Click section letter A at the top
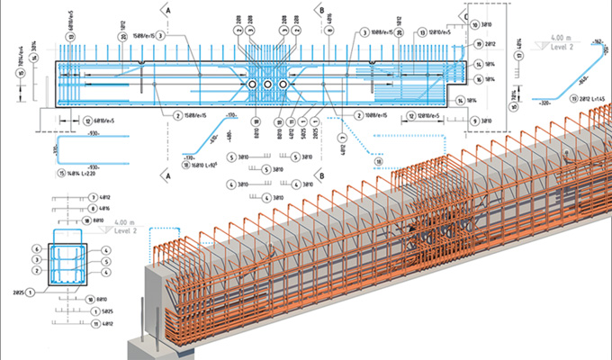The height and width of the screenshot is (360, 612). pos(167,10)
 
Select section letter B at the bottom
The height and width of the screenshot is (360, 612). pos(320,177)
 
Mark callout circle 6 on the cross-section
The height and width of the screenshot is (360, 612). pos(34,247)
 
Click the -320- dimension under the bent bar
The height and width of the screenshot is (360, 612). pos(543,104)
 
